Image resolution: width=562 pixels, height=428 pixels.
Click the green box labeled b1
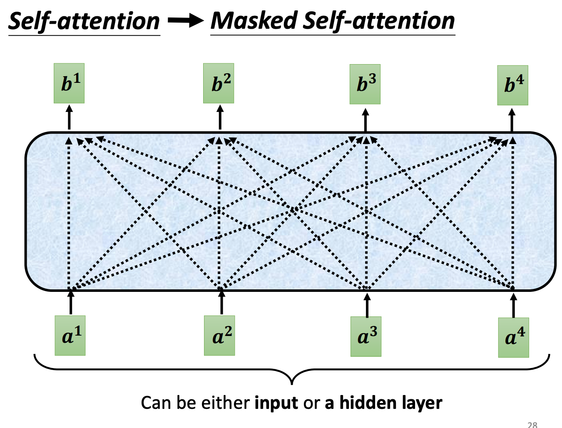click(69, 83)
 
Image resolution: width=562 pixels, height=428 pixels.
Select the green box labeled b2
click(219, 83)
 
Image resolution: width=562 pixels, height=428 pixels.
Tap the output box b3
click(365, 84)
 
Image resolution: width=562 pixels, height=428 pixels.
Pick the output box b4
click(513, 85)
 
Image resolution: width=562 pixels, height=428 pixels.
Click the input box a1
click(70, 336)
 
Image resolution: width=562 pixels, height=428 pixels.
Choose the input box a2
click(219, 336)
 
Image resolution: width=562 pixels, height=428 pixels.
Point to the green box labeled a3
click(366, 336)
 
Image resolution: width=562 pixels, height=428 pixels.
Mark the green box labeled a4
click(514, 338)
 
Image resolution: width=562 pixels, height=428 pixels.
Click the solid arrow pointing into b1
click(69, 117)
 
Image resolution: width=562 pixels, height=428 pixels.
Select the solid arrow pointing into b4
click(512, 120)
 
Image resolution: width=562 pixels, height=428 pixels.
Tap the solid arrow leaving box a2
click(221, 303)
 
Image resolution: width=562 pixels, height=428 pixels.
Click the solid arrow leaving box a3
click(367, 305)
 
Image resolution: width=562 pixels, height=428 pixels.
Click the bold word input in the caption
click(276, 403)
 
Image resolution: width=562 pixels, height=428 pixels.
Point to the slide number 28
click(532, 425)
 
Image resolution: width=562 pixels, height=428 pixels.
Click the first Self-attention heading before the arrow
click(84, 21)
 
